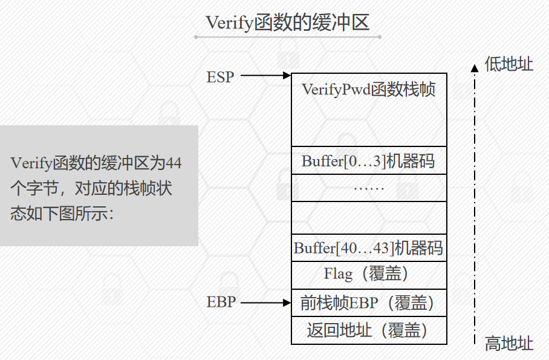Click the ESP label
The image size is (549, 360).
[x=220, y=77]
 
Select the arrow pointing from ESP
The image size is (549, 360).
[x=266, y=76]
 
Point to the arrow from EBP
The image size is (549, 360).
[x=266, y=301]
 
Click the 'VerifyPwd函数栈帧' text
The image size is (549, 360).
[x=369, y=90]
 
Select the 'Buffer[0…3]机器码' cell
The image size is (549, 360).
[x=369, y=161]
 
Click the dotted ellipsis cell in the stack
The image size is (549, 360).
[x=369, y=188]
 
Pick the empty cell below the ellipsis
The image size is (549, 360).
[x=369, y=217]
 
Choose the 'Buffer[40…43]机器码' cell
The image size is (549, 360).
[x=369, y=248]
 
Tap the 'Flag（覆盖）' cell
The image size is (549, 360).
[x=369, y=275]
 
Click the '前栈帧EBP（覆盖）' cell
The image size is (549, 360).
[x=369, y=302]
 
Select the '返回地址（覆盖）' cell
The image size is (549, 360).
[x=369, y=330]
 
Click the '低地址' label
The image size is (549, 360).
[x=509, y=64]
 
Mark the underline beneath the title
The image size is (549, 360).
[x=287, y=38]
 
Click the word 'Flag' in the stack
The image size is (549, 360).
[x=338, y=275]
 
